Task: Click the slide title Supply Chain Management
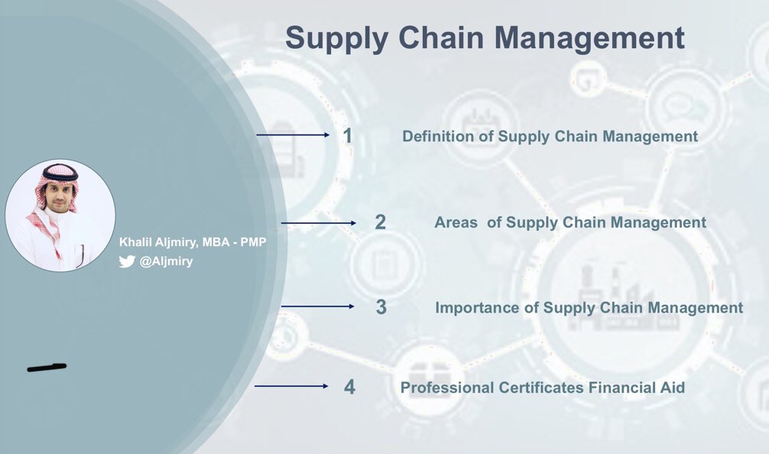pyautogui.click(x=485, y=38)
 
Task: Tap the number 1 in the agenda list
pyautogui.click(x=348, y=136)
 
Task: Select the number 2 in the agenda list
pyautogui.click(x=380, y=222)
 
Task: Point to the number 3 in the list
pyautogui.click(x=381, y=307)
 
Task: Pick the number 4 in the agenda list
pyautogui.click(x=349, y=387)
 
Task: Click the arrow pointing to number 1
pyautogui.click(x=293, y=135)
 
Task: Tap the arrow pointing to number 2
pyautogui.click(x=318, y=223)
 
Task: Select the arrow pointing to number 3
pyautogui.click(x=317, y=306)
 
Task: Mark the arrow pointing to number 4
pyautogui.click(x=291, y=386)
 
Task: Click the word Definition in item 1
pyautogui.click(x=439, y=137)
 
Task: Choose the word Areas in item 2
pyautogui.click(x=456, y=222)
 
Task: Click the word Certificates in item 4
pyautogui.click(x=542, y=388)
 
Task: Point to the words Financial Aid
pyautogui.click(x=637, y=388)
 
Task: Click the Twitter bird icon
pyautogui.click(x=127, y=261)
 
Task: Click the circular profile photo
pyautogui.click(x=60, y=215)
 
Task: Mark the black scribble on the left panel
pyautogui.click(x=47, y=368)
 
